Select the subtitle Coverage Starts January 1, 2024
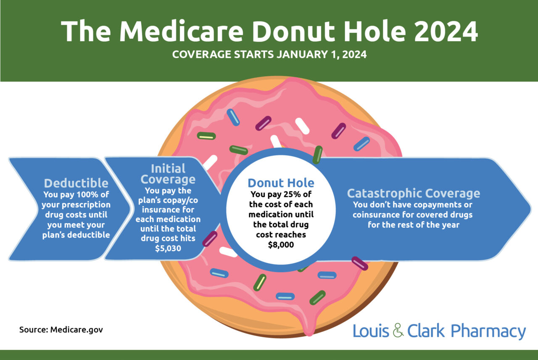pos(269,55)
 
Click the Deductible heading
pos(76,183)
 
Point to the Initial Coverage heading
pos(168,174)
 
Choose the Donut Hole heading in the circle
pos(281,183)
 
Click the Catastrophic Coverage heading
pos(413,193)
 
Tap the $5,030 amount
pos(168,249)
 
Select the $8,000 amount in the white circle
pos(281,244)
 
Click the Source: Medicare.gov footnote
pos(61,329)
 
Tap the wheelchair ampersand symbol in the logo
pos(398,331)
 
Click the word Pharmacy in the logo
pos(488,331)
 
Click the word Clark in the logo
pos(426,331)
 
